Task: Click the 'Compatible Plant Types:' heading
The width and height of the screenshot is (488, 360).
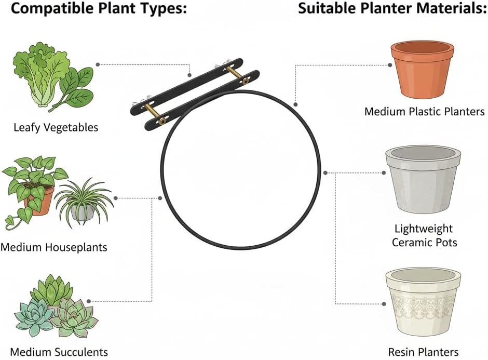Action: tap(93, 9)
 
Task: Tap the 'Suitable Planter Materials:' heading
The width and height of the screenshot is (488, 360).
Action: tap(392, 9)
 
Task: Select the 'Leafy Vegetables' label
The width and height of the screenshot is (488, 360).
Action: tap(56, 127)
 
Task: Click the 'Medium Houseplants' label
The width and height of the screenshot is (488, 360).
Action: tap(53, 247)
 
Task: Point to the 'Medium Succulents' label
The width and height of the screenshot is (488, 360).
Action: tap(59, 352)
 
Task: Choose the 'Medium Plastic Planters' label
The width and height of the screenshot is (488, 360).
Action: tap(424, 111)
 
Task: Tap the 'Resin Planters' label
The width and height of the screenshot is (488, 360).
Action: tap(423, 352)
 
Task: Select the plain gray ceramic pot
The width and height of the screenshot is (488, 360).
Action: tap(423, 182)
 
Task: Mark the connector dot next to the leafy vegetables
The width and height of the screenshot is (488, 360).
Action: tap(98, 64)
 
